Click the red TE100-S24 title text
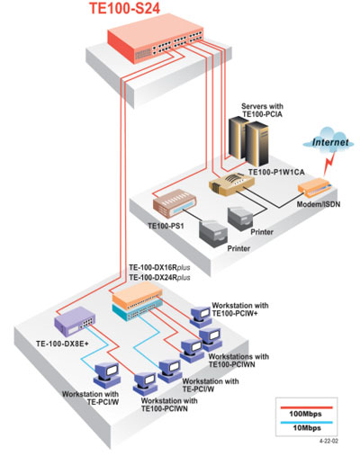tap(124, 8)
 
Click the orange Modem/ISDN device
tap(314, 186)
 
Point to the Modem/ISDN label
tap(319, 204)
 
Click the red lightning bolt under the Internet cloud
tap(328, 164)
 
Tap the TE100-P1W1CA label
tap(276, 172)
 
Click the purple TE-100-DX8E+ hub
tap(75, 321)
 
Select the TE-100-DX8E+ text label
tap(62, 344)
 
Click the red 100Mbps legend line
tap(306, 407)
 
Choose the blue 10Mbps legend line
tap(306, 422)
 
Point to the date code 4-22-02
tap(328, 441)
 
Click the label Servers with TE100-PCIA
tap(262, 110)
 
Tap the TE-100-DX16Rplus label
tap(159, 267)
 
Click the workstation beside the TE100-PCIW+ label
tap(200, 317)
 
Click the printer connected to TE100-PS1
tap(213, 234)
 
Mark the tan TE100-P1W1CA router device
tap(231, 183)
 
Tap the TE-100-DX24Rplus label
tap(159, 278)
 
